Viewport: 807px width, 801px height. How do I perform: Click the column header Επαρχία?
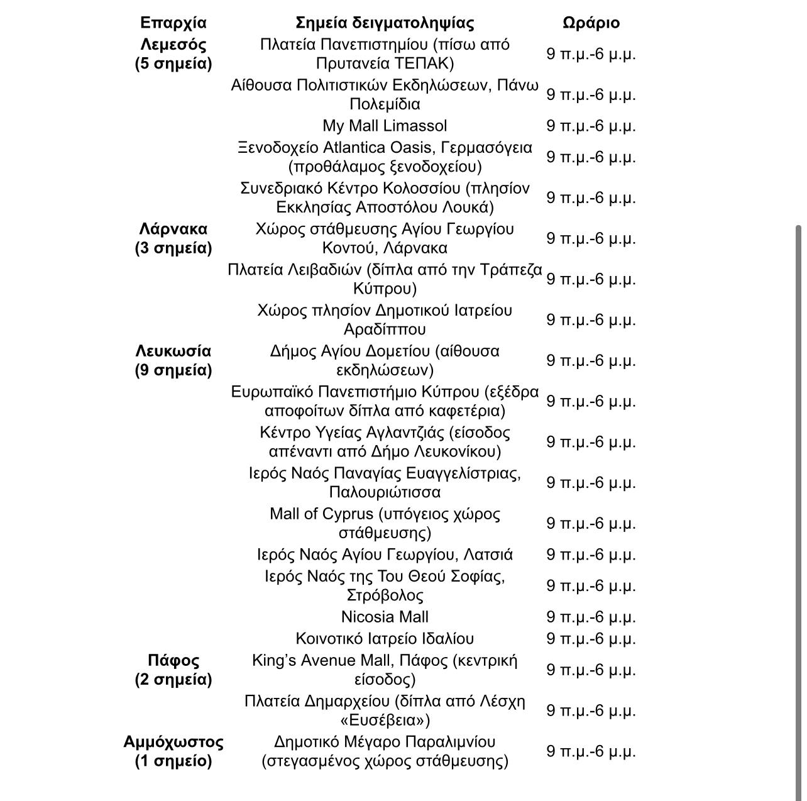173,23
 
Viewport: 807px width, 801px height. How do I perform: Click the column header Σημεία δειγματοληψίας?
385,23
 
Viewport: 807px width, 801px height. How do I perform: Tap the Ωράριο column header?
591,23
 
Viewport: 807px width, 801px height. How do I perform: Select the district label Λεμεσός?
173,45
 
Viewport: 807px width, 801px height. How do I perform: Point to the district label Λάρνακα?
173,229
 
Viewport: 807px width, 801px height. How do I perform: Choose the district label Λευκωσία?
173,351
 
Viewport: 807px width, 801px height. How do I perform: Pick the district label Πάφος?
173,661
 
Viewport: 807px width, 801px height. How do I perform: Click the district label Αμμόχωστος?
173,743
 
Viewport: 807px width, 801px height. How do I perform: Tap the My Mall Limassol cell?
385,126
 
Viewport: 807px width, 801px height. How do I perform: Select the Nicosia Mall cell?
385,617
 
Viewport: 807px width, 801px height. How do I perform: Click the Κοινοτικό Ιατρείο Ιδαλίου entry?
385,639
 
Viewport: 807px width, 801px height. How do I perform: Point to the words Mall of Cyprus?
321,514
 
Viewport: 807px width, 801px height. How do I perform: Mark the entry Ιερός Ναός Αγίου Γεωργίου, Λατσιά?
385,555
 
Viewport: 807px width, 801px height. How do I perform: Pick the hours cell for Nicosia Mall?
591,617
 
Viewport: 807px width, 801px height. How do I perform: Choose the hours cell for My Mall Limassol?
591,126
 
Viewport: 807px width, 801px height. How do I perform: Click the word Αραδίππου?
385,329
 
